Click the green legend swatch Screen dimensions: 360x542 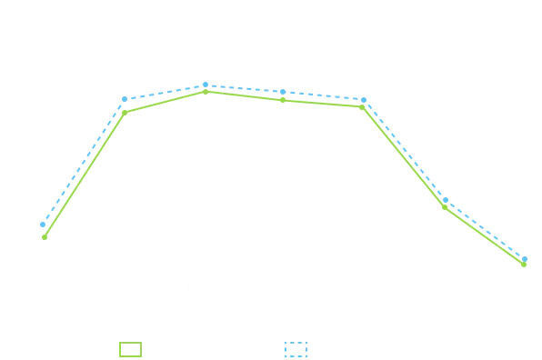tap(131, 349)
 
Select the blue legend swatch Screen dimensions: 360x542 tap(299, 349)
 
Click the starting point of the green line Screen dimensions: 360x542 tap(43, 237)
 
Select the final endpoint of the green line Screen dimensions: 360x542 tap(527, 265)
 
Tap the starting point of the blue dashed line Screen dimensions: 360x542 tap(43, 221)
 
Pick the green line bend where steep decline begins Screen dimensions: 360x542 tap(365, 106)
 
